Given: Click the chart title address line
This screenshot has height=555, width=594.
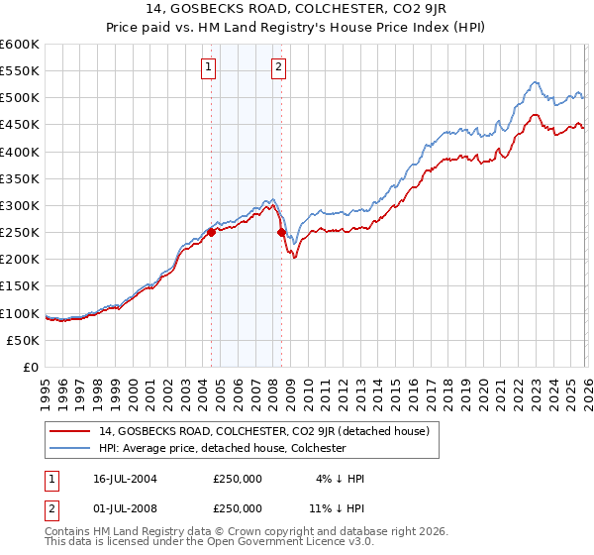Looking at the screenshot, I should tap(296, 11).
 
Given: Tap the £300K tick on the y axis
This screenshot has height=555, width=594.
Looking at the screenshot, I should tap(19, 205).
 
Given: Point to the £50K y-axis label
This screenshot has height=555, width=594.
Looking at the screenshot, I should tap(23, 340).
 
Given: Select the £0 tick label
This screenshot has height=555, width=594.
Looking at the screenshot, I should tap(30, 367).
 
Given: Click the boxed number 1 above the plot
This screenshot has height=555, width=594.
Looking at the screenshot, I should tap(210, 67).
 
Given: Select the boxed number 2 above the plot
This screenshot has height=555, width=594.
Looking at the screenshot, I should tap(279, 67).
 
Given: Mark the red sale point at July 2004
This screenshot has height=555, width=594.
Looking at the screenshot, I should tap(212, 232).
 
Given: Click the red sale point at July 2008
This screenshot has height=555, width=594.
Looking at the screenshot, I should tap(281, 232).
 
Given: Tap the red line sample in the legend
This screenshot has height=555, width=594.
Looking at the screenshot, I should tap(70, 431).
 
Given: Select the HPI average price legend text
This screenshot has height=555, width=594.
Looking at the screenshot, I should tap(221, 448).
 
